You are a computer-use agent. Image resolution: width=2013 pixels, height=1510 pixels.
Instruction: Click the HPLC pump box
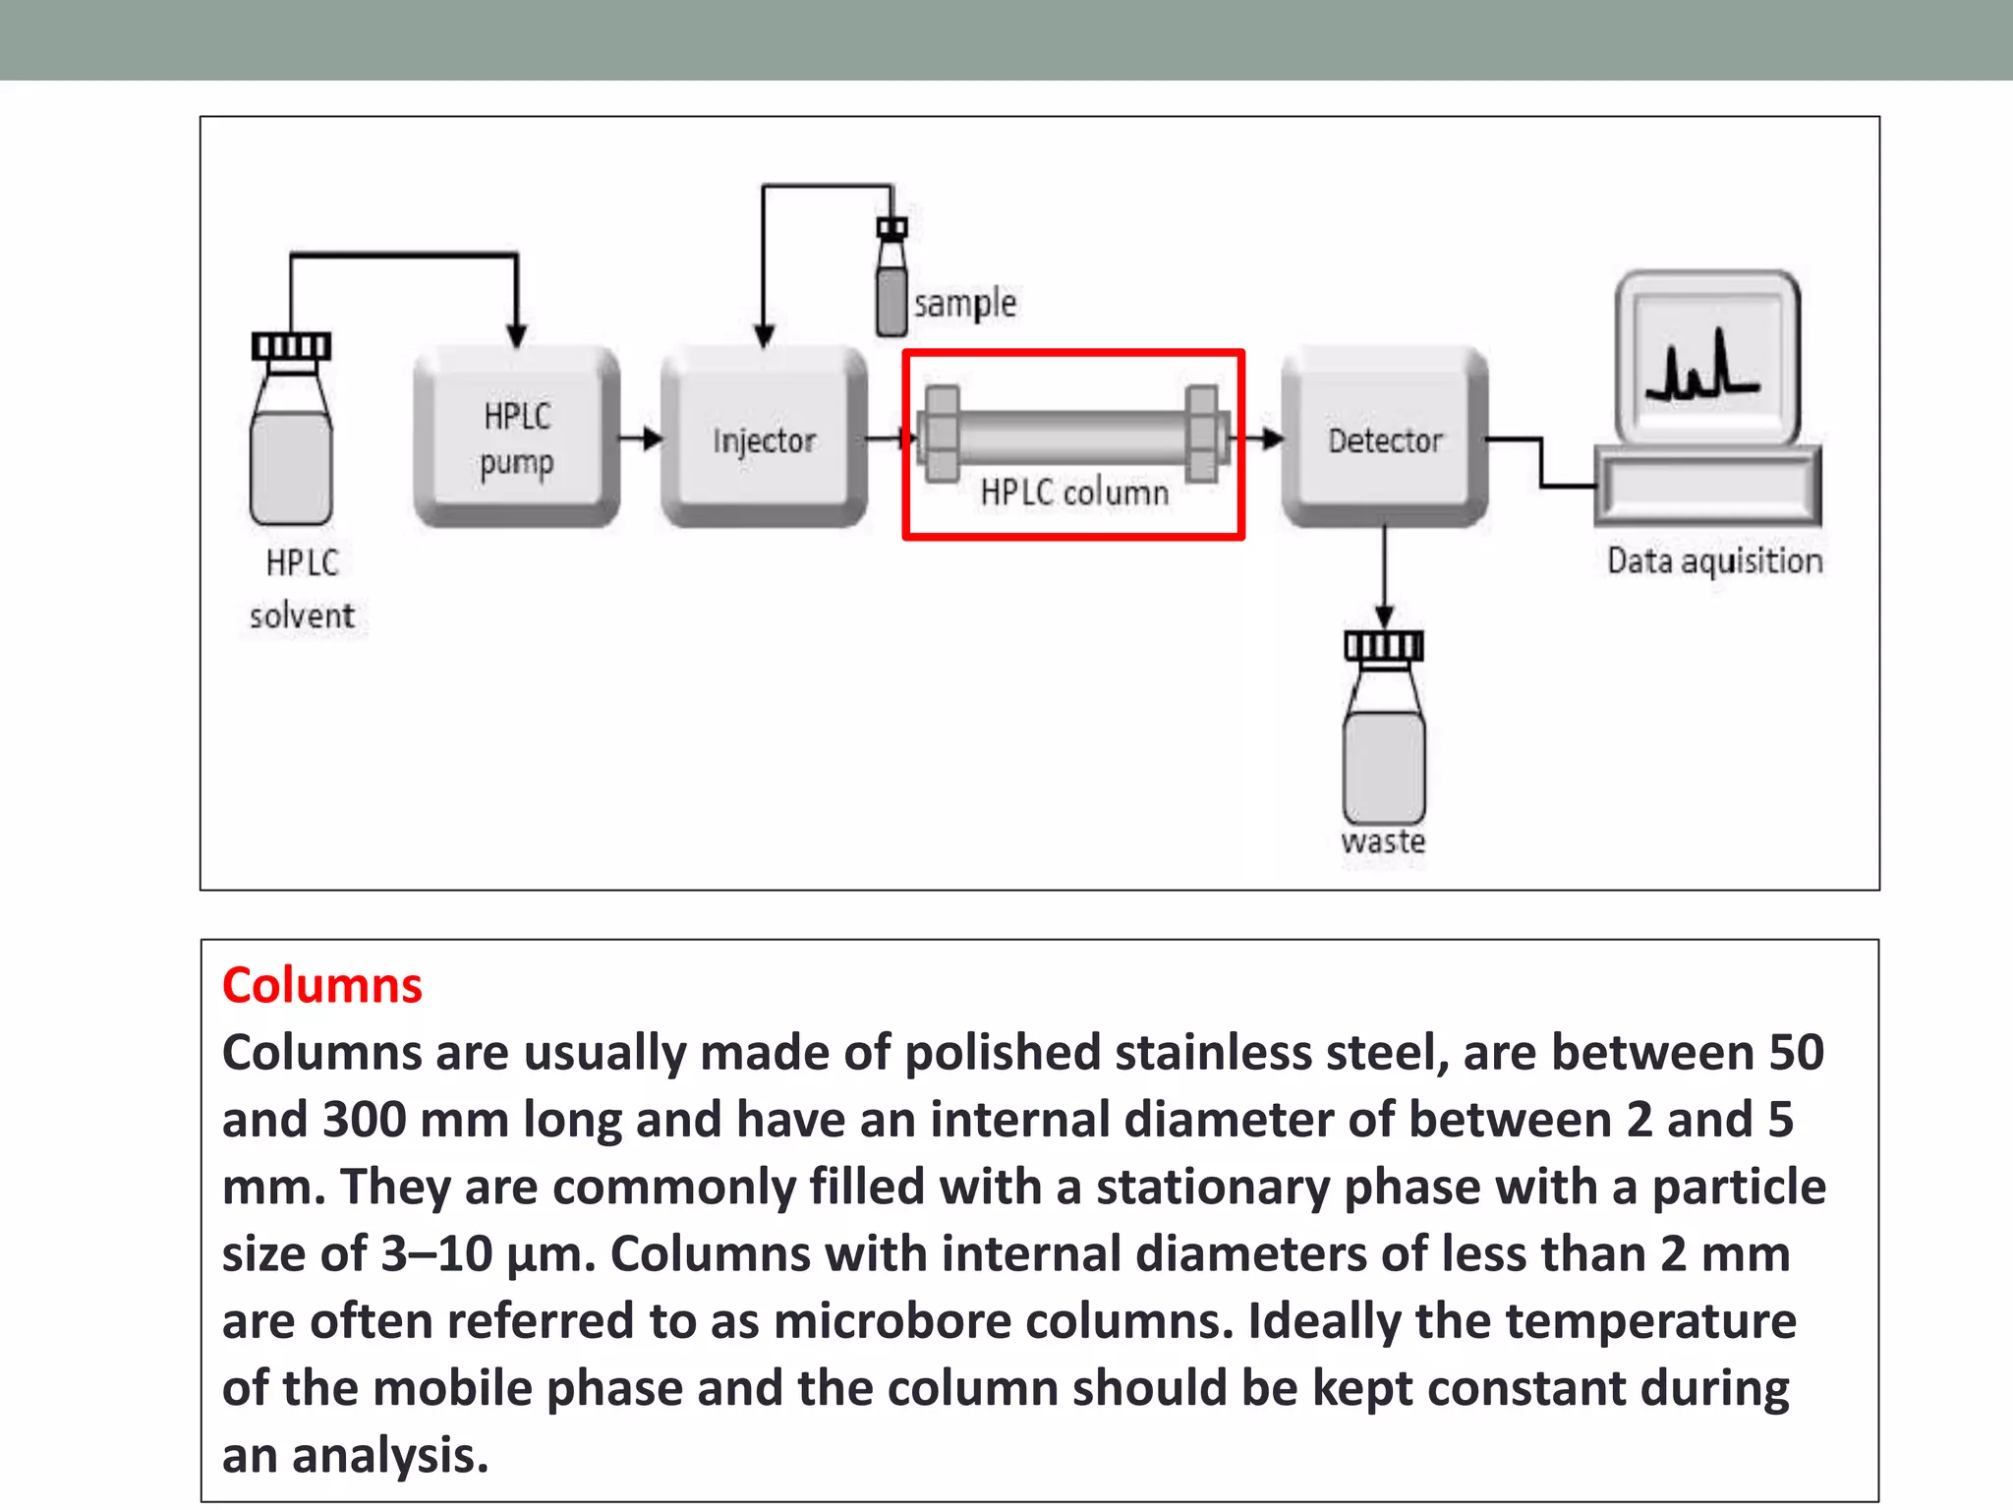(517, 437)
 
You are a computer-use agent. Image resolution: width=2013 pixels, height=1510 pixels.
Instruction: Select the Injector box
(764, 437)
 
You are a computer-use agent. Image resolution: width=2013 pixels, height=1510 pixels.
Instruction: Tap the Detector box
(1384, 437)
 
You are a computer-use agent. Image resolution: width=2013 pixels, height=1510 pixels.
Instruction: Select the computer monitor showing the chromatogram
(1708, 359)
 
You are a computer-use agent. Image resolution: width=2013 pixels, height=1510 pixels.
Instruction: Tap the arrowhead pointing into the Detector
(1273, 438)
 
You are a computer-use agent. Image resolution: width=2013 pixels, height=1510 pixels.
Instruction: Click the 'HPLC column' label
(1074, 493)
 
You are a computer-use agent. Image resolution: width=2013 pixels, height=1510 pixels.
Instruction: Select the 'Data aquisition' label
(1714, 561)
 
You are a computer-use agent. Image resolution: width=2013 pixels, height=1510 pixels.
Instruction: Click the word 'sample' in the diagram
(964, 303)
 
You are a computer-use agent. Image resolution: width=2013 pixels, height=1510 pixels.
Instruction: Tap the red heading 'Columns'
(321, 985)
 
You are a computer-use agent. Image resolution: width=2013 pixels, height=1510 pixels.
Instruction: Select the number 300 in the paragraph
(364, 1120)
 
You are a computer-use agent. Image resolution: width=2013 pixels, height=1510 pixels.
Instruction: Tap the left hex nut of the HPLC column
(942, 434)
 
